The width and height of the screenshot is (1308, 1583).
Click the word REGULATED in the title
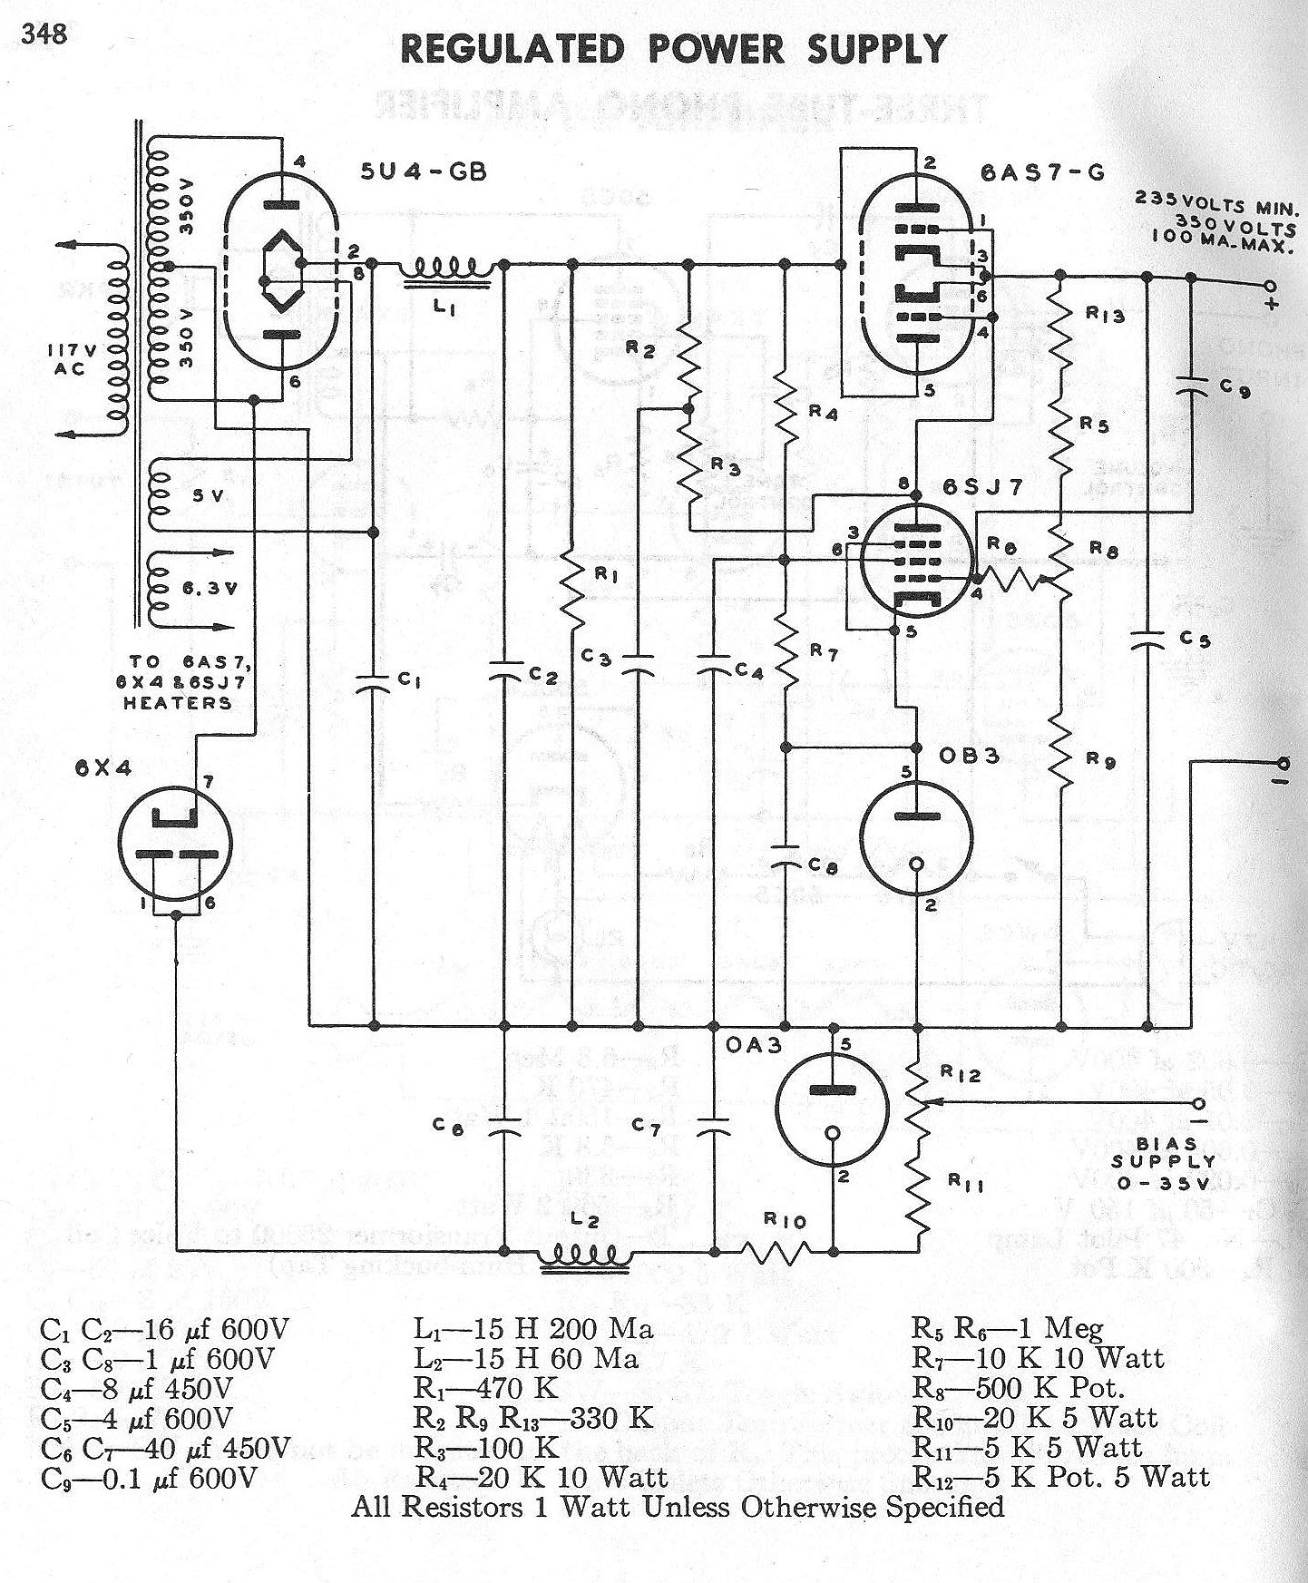pyautogui.click(x=513, y=50)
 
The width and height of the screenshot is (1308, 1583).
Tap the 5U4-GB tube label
pyautogui.click(x=424, y=171)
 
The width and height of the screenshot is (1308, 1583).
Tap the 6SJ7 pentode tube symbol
pyautogui.click(x=915, y=563)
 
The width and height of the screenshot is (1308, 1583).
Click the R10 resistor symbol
pyautogui.click(x=777, y=1253)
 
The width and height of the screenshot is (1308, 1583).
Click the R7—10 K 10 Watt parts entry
pyautogui.click(x=1038, y=1358)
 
